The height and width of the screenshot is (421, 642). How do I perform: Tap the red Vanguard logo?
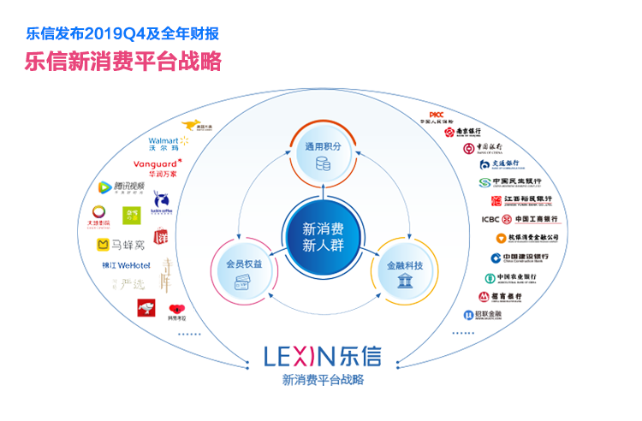(157, 167)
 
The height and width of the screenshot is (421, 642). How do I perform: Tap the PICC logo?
(437, 117)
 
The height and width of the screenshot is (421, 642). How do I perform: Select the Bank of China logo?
(482, 148)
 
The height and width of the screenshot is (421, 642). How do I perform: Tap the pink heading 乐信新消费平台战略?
(123, 62)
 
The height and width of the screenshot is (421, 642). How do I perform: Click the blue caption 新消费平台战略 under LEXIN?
(323, 379)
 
